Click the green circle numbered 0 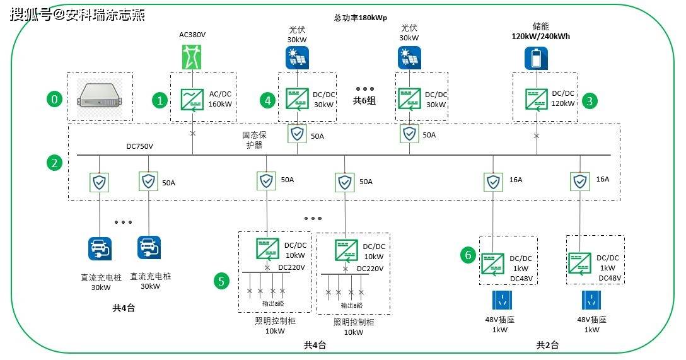click(x=55, y=100)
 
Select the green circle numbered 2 click(x=55, y=163)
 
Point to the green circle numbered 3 click(x=590, y=100)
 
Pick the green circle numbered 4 click(x=267, y=100)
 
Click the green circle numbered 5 click(x=221, y=281)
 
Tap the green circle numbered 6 click(x=467, y=255)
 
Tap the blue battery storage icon click(x=537, y=59)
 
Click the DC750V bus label click(x=140, y=146)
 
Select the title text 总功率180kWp click(x=361, y=18)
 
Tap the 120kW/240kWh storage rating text click(x=540, y=37)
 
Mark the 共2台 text click(x=547, y=345)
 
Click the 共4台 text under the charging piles click(x=124, y=308)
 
